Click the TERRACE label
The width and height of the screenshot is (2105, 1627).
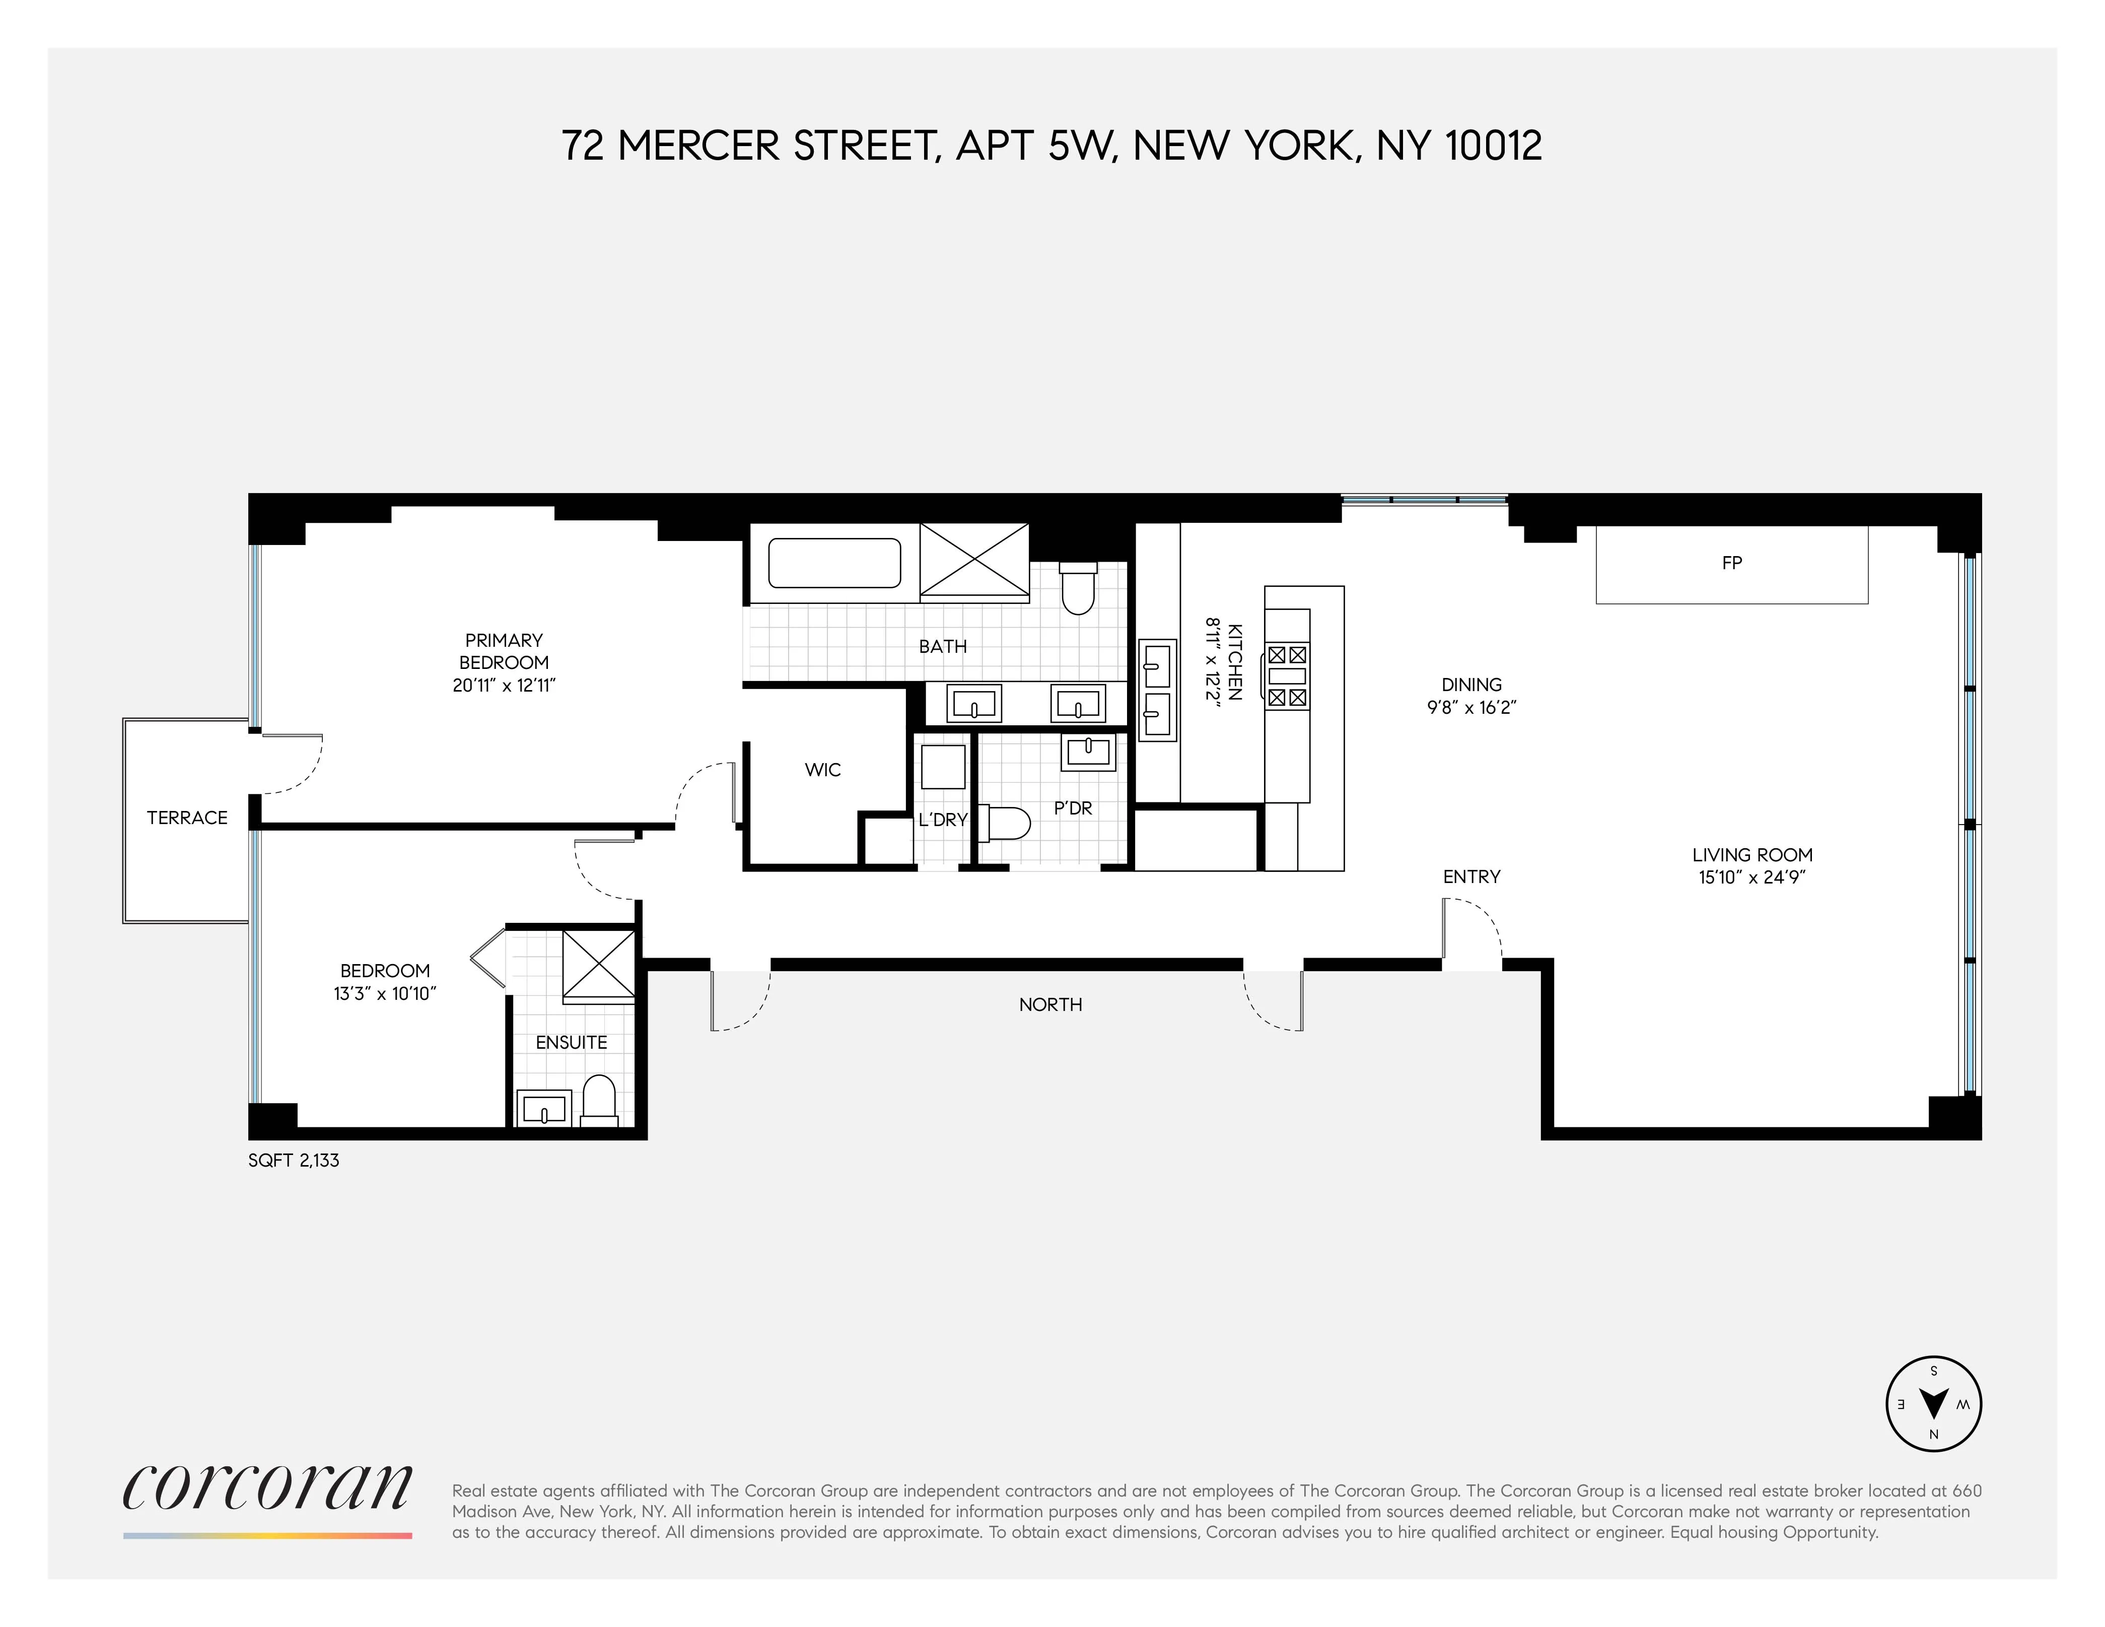coord(187,818)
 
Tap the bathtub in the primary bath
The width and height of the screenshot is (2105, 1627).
coord(834,563)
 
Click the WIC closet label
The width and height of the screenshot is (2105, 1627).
coord(822,769)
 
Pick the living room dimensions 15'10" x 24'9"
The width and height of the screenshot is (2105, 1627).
coord(1751,877)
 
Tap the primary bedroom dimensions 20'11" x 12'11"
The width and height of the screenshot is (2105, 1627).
coord(504,686)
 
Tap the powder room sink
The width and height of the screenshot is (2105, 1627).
coord(1088,751)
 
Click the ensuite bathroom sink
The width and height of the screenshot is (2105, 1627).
coord(544,1109)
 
